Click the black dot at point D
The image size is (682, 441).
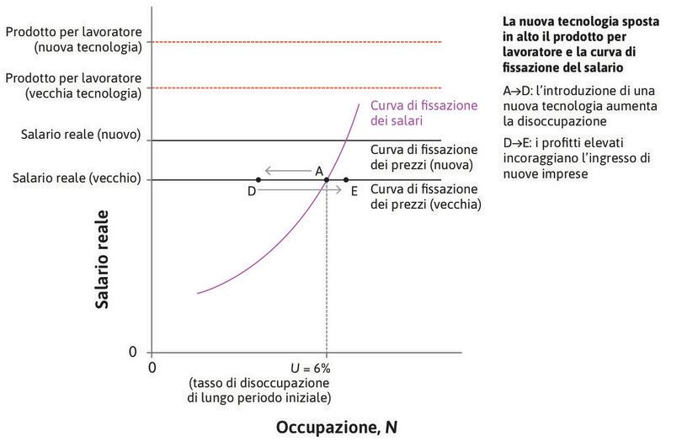point(258,179)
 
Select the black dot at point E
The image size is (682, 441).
point(346,179)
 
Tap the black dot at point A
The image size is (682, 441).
point(326,179)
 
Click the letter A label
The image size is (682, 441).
point(319,170)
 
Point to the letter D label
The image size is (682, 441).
point(251,192)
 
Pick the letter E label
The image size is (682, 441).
point(354,192)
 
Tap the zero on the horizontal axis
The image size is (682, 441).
point(152,367)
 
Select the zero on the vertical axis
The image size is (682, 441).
point(133,350)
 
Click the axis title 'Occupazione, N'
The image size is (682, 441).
point(337,427)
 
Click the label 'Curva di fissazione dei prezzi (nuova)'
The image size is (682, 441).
point(424,157)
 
